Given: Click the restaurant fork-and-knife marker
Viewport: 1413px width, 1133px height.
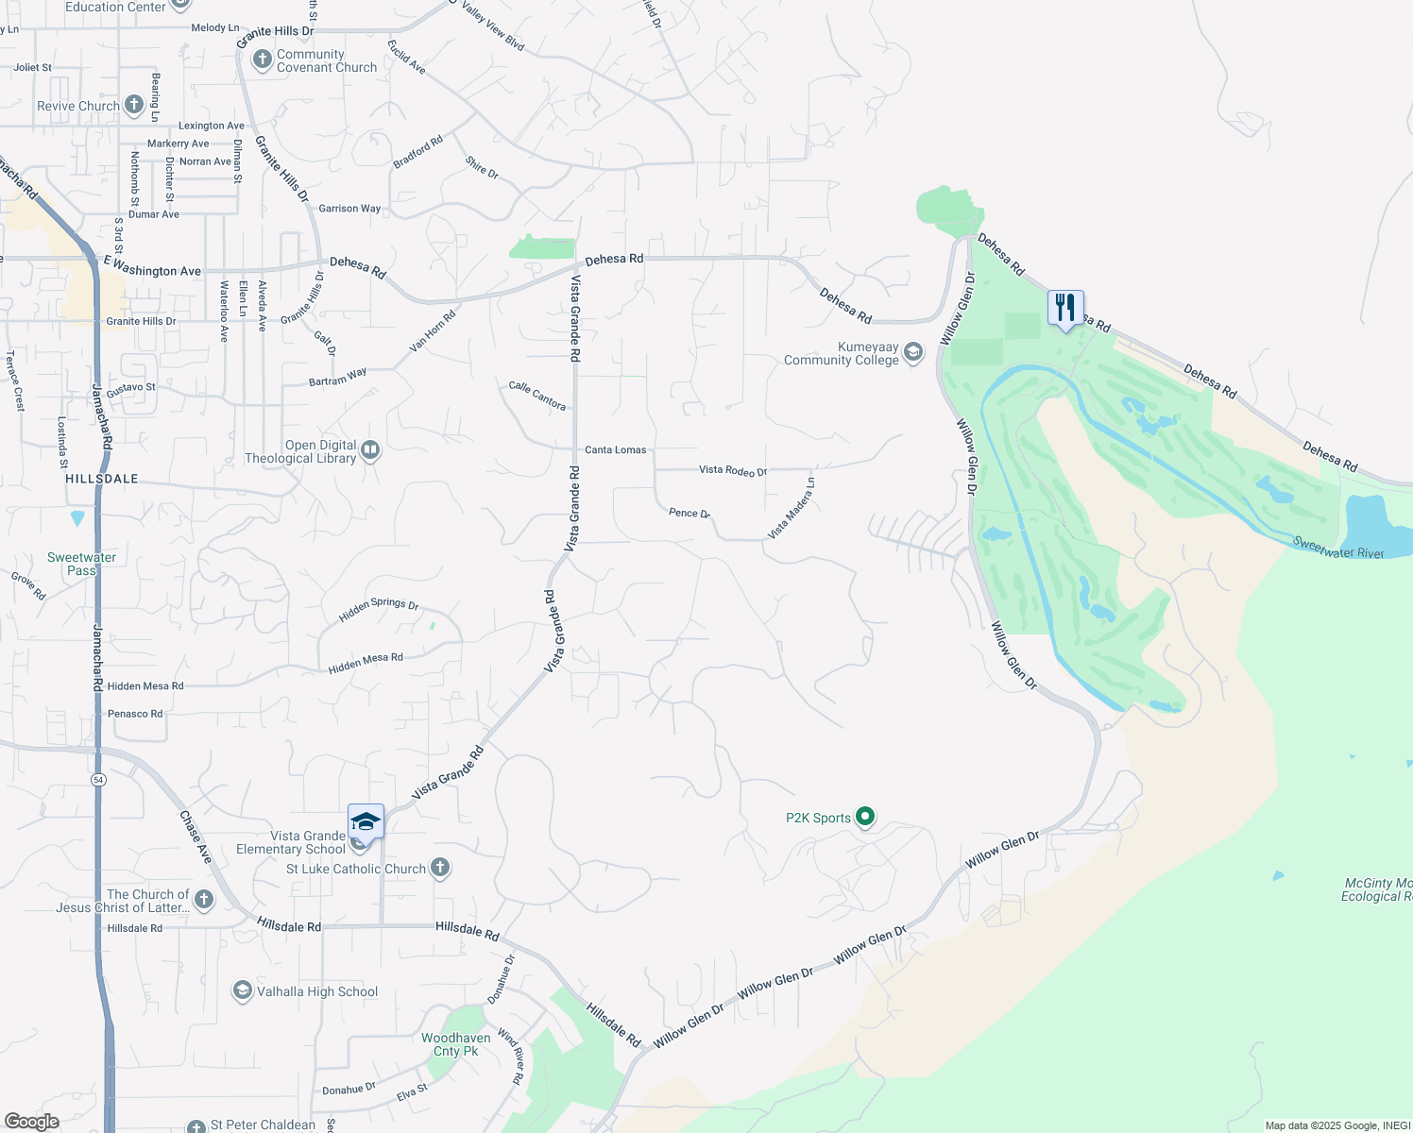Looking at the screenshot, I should (1064, 308).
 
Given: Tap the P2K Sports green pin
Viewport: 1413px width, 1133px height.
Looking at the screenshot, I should (866, 818).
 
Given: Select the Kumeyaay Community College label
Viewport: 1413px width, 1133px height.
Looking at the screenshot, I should (842, 354).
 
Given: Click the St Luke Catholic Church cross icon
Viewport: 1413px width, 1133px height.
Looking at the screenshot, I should (439, 869).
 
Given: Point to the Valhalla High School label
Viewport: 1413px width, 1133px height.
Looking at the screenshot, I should (317, 991).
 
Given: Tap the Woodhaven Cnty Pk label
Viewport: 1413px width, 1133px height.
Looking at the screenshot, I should (456, 1044).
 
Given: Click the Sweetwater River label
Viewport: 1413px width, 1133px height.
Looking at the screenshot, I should (1338, 548).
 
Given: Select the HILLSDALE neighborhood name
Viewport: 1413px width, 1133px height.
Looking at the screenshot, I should (102, 479).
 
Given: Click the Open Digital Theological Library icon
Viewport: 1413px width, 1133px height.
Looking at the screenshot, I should (370, 450).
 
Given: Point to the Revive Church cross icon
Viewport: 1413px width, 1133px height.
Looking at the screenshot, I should (134, 105).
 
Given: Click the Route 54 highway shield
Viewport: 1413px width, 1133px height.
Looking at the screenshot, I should (98, 780).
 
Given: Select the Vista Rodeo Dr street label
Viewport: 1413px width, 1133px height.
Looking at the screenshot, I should (733, 470).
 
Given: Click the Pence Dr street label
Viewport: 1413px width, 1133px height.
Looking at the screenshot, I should (689, 513).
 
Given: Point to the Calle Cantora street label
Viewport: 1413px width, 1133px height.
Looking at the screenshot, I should (537, 396).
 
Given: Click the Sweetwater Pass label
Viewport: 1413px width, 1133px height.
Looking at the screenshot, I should (81, 564).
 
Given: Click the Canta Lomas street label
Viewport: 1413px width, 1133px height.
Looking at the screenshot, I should (616, 449).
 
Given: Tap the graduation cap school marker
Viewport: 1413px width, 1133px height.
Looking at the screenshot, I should (366, 822).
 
